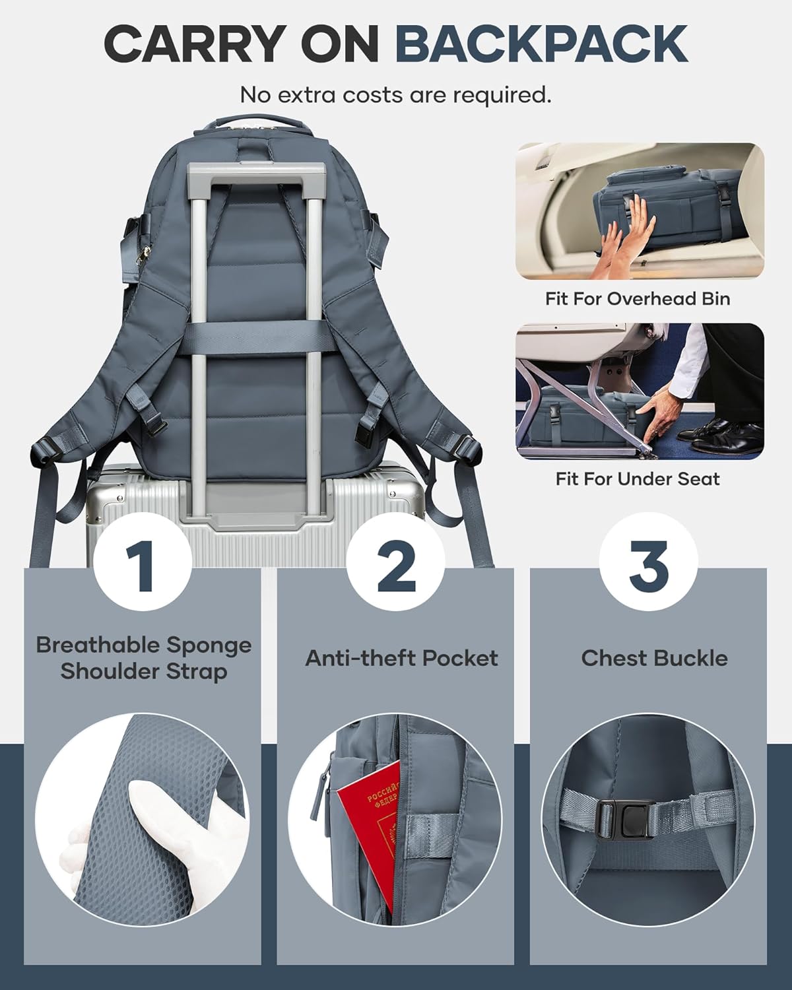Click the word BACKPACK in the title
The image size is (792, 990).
(541, 44)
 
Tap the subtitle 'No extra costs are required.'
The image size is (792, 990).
(395, 94)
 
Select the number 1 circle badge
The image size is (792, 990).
(143, 565)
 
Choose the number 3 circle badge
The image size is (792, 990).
(648, 565)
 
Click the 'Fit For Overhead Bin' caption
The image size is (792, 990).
(638, 298)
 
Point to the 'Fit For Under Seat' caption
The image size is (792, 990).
(638, 478)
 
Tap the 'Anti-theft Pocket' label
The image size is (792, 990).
(401, 658)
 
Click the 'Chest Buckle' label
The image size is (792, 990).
(654, 658)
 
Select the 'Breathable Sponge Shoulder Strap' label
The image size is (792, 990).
(143, 658)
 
